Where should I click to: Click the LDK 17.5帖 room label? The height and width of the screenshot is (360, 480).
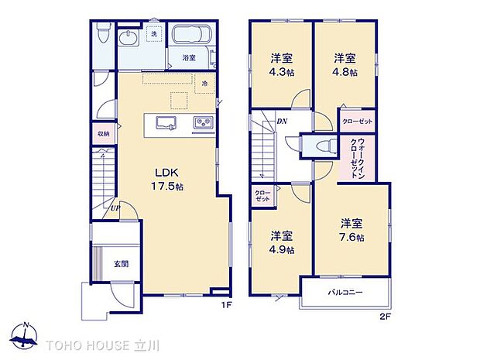coord(167,180)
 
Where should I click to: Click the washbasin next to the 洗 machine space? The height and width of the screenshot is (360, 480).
coord(129,39)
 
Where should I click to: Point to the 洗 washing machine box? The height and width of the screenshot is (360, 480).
coord(155,33)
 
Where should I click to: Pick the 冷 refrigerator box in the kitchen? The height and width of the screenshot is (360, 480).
coord(205,83)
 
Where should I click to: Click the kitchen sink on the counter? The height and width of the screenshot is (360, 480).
coord(166,123)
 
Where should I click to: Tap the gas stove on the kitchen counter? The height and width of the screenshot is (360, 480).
coord(204,123)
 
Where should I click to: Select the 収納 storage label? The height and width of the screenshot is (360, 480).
coord(104,133)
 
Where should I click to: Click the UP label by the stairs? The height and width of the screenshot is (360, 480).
coord(115,208)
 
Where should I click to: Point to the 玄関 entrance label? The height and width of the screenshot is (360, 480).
coord(122,263)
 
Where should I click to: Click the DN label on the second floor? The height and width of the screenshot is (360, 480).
coord(282,122)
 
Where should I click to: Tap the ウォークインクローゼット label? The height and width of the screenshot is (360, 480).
coord(357,158)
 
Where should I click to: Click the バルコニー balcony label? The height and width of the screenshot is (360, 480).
coord(345,293)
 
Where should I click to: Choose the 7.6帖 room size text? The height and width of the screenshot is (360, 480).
coord(351,238)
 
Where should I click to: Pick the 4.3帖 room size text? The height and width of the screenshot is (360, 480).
coord(282,72)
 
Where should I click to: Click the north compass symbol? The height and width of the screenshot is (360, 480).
coord(24,336)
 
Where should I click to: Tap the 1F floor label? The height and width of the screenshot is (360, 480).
coord(227,305)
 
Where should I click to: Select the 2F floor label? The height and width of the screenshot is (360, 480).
coord(386,317)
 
